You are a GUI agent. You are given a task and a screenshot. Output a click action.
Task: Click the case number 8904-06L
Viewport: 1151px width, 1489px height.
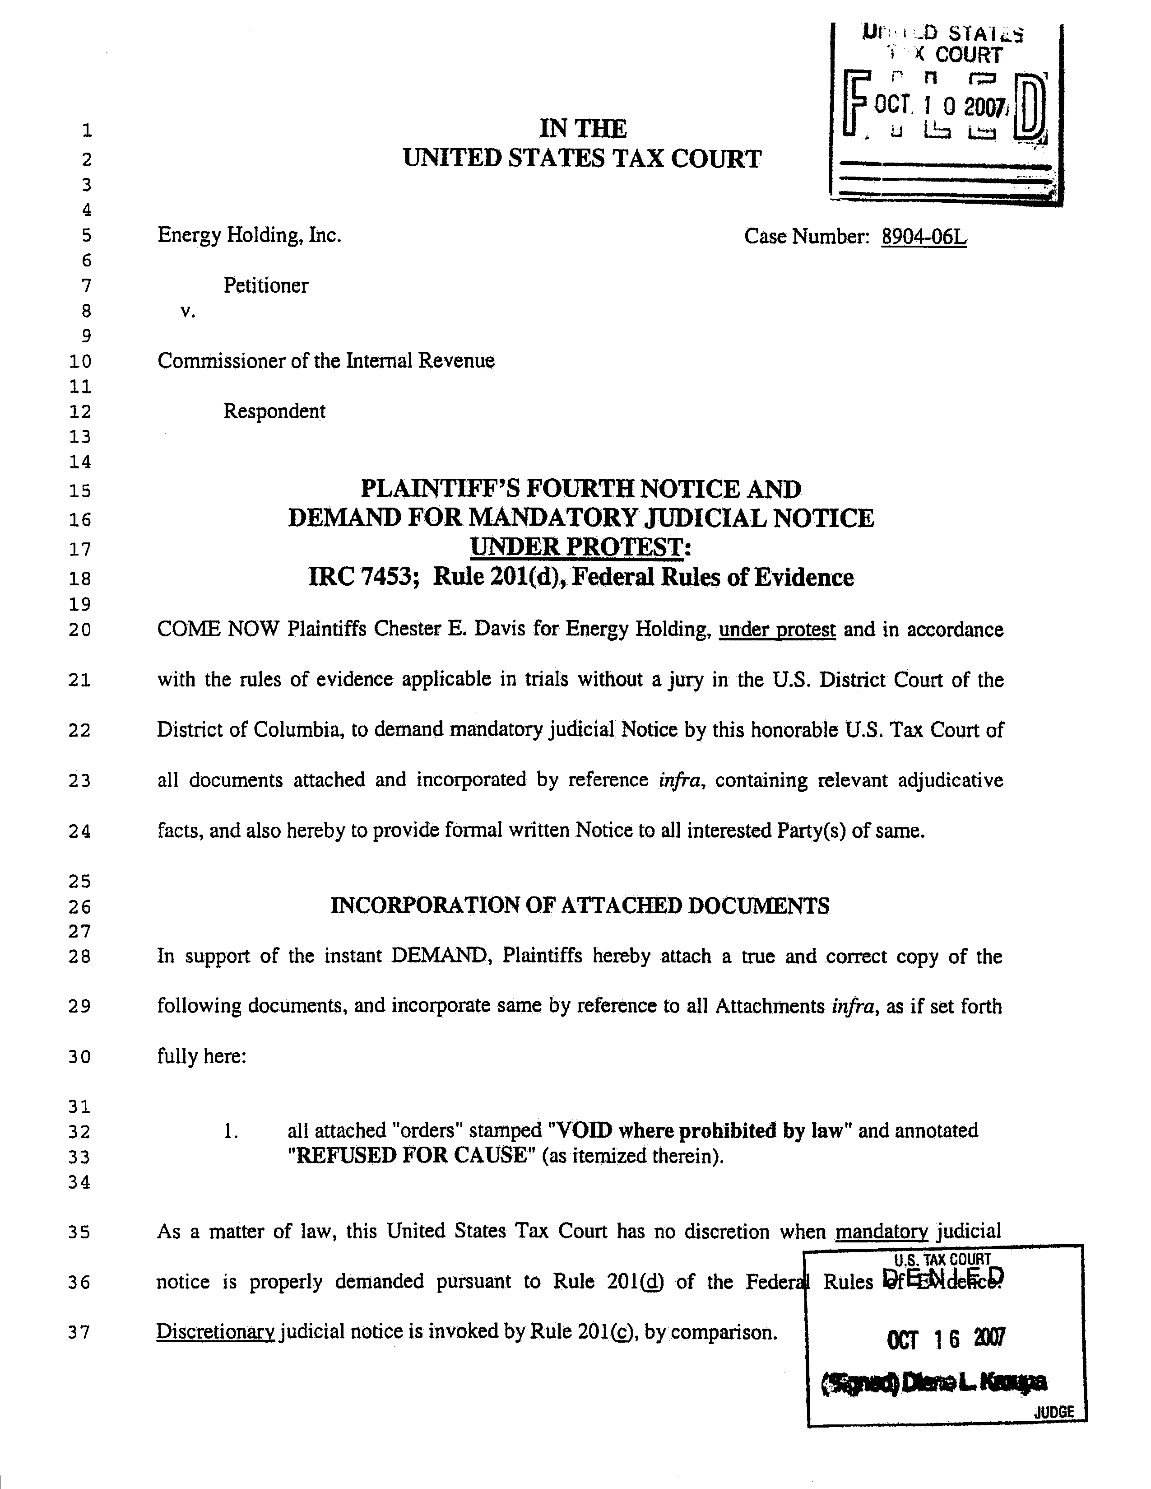point(924,237)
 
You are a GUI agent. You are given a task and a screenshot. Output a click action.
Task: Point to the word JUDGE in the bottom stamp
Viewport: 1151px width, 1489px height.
point(1054,1412)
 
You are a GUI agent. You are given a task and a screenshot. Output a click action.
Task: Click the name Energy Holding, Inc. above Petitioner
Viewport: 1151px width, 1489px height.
point(250,235)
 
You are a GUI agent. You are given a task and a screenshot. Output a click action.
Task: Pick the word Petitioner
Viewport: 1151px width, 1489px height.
point(266,286)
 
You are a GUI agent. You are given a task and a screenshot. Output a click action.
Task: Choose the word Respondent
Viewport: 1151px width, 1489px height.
point(274,411)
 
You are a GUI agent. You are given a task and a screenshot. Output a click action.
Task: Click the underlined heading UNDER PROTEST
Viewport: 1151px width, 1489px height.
point(576,547)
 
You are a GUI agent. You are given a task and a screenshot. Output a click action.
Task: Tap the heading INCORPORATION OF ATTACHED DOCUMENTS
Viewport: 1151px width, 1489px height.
point(580,906)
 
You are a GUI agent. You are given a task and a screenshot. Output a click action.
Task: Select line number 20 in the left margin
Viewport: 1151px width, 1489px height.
point(80,630)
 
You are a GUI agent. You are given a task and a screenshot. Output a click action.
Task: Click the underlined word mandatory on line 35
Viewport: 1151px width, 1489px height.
point(881,1231)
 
